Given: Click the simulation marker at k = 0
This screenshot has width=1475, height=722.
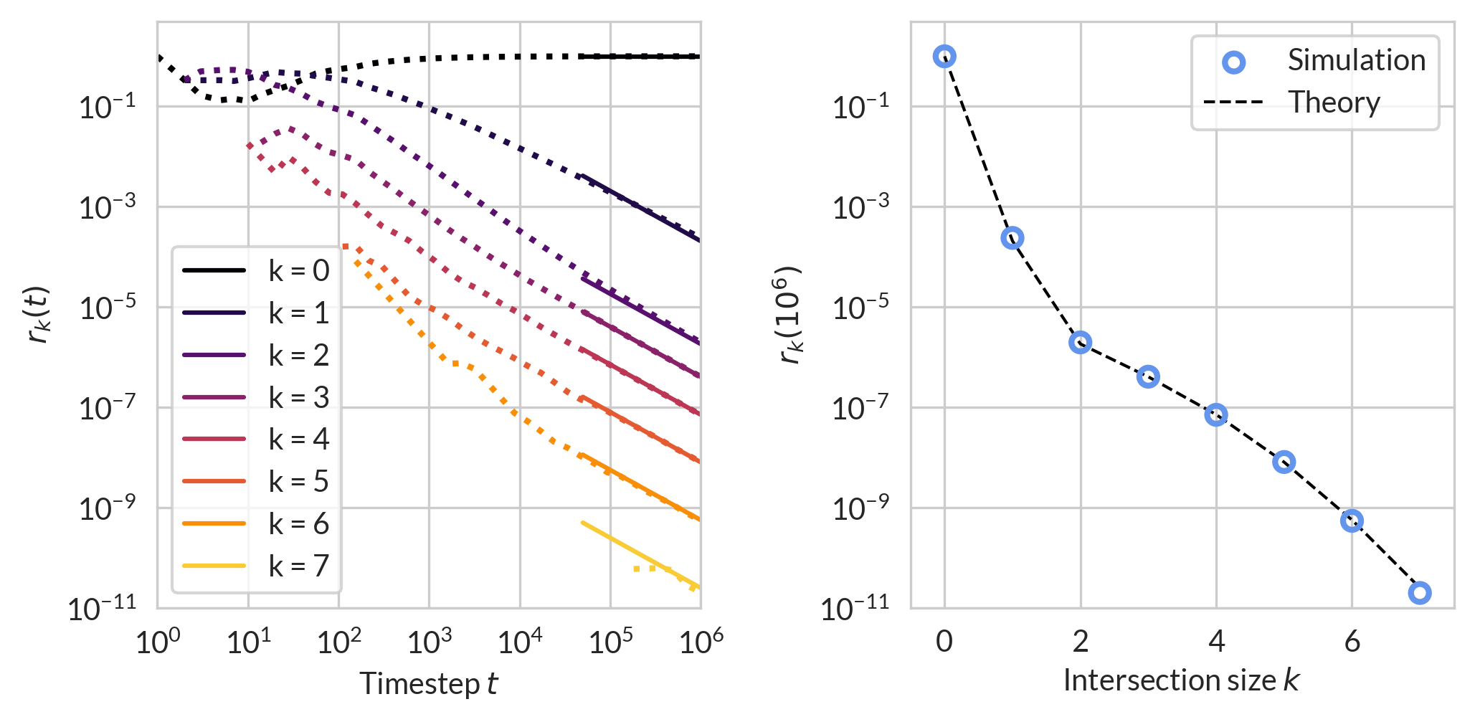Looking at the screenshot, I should point(944,57).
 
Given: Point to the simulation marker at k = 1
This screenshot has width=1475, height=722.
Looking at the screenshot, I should point(1012,238).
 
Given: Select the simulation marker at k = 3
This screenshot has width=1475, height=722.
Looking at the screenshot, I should point(1148,376).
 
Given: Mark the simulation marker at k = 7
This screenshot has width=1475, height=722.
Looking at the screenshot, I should point(1420,593).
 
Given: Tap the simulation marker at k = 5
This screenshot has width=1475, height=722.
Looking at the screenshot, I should point(1284,462).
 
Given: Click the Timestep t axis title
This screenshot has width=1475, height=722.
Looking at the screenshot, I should point(428,683).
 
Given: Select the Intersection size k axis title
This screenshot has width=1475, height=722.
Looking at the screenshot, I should point(1181,680).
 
